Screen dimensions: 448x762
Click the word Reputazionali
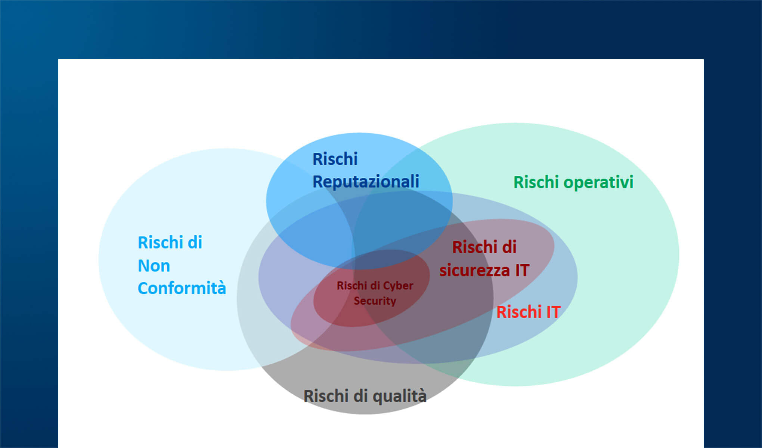tap(366, 182)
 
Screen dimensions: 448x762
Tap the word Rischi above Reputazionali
tap(335, 159)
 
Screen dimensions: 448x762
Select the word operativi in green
tap(598, 183)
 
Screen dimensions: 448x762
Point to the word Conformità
tap(182, 288)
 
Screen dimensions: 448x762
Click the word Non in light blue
tap(154, 266)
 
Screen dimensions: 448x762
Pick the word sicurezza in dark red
tap(474, 270)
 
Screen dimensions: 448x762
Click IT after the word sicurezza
tap(522, 270)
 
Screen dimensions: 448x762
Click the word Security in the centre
tap(375, 301)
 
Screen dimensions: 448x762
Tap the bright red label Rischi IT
tap(528, 312)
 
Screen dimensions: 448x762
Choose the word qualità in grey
tap(400, 396)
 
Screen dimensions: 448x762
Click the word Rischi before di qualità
tap(325, 396)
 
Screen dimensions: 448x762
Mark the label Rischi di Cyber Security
tap(375, 293)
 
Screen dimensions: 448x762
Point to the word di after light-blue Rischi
tap(195, 243)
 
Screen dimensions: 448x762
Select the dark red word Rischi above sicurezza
tap(474, 247)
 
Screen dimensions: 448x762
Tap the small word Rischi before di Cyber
tap(351, 286)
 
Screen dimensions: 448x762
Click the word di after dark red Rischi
tap(509, 247)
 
